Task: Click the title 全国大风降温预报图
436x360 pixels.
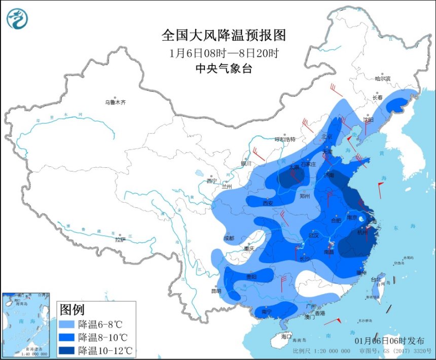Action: coord(224,35)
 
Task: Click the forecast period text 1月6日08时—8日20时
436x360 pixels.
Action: coord(224,53)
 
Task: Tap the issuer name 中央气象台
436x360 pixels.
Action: coord(224,69)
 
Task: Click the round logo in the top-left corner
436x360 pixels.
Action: coord(17,19)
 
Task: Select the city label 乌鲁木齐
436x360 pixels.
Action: coord(115,102)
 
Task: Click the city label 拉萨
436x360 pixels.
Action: coord(120,239)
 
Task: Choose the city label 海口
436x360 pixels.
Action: coord(286,336)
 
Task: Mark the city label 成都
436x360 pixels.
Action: coord(229,238)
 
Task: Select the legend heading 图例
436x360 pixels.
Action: coord(72,309)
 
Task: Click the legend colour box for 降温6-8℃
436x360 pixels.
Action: coord(67,324)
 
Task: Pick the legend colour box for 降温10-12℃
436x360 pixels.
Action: coord(67,350)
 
